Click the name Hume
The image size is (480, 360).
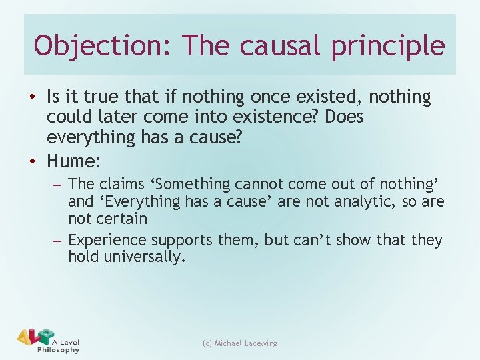[x=73, y=161]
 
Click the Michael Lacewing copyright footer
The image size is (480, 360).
[x=240, y=343]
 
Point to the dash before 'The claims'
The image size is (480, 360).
[x=57, y=184]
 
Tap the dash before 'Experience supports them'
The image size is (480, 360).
[x=57, y=240]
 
